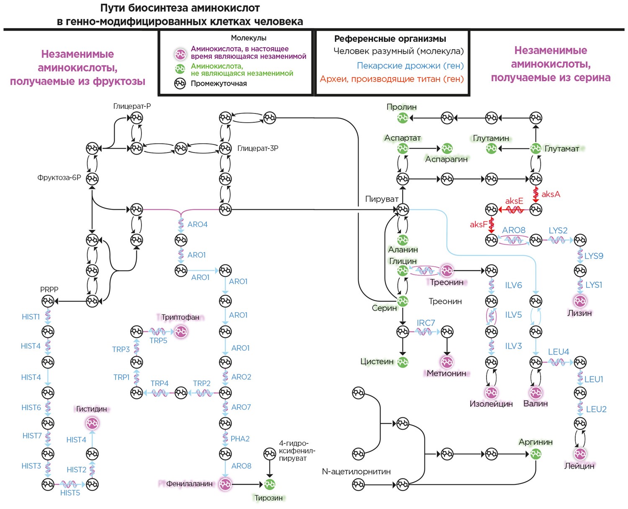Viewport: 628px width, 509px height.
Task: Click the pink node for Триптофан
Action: coord(181,332)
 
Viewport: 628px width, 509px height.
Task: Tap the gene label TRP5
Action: coord(158,341)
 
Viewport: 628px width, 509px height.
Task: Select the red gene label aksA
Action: coord(551,194)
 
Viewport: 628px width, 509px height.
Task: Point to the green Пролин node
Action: coord(402,118)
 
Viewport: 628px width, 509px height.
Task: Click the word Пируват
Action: coord(381,199)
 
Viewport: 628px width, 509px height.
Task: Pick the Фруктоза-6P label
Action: coord(59,177)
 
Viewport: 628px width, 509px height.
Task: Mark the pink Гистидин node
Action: coord(92,423)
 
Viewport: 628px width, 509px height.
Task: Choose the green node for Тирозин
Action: coord(270,484)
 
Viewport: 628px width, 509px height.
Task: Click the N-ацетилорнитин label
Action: coord(356,472)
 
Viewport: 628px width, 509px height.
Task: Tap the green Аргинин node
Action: coord(535,454)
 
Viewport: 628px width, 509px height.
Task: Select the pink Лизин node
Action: coord(580,301)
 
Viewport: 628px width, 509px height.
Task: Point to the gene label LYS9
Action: coord(594,256)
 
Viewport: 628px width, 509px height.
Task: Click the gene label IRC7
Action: coord(426,323)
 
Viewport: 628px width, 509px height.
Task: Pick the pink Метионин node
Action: coord(447,362)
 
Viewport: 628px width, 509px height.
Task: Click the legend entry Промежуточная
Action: coord(219,84)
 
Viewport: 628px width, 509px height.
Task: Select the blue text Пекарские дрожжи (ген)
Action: coord(410,66)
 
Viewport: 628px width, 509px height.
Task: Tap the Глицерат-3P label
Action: coord(257,148)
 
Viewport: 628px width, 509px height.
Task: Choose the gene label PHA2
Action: coord(240,439)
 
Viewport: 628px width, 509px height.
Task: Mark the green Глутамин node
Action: coord(491,148)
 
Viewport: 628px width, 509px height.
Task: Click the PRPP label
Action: coord(49,290)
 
